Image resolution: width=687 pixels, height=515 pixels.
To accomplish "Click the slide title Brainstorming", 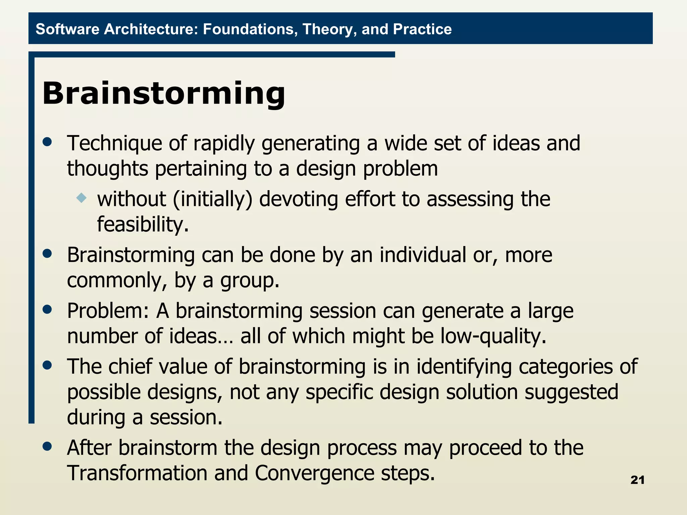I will [x=164, y=93].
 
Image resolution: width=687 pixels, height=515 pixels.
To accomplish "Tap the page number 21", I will [x=637, y=480].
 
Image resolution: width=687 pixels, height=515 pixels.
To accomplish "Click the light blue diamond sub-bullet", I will [x=82, y=198].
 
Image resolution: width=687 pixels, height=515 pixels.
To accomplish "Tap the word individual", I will [x=423, y=255].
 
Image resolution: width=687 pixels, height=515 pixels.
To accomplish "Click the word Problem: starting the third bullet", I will [x=108, y=311].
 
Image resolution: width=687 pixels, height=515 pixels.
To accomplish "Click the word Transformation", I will [x=137, y=473].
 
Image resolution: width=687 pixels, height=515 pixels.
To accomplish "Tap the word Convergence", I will [x=314, y=473].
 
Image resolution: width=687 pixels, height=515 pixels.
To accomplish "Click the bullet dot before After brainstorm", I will [x=48, y=447].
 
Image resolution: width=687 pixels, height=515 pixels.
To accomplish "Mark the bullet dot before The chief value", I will [x=48, y=365].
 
